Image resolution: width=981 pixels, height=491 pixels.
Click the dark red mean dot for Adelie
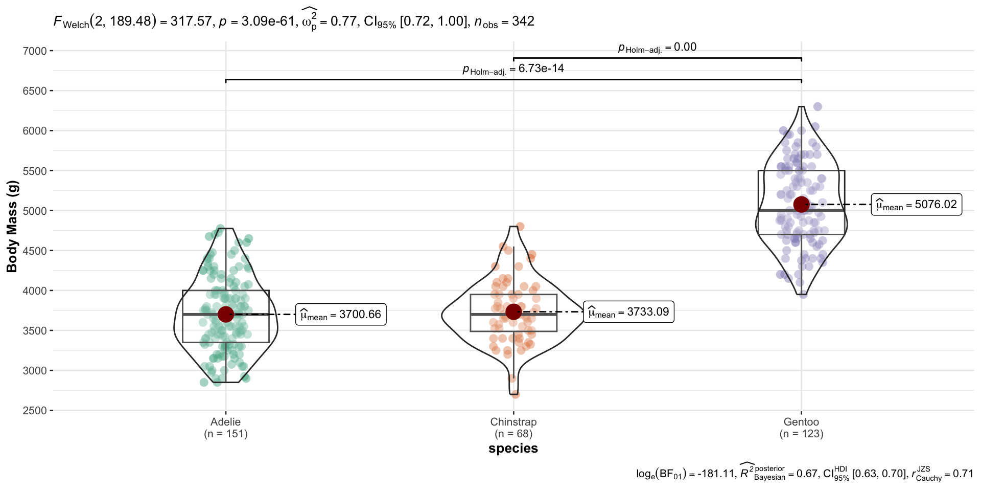coord(226,314)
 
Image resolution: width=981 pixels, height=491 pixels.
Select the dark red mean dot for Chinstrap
coord(513,311)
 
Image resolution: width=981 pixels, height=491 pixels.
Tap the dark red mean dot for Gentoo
coord(801,204)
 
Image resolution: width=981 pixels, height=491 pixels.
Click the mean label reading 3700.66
coord(341,315)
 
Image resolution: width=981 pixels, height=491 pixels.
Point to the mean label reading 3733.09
coord(628,312)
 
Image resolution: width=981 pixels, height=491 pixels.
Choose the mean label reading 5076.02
coord(916,205)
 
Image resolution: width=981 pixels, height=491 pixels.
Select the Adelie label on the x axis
coord(225,422)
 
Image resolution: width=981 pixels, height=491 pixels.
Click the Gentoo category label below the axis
coord(801,422)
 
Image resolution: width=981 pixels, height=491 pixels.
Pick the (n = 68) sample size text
coord(513,434)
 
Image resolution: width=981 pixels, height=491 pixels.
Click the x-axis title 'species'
coord(513,449)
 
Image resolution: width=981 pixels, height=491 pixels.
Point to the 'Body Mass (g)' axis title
coord(12,227)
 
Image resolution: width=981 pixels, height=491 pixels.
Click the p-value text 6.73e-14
coord(541,69)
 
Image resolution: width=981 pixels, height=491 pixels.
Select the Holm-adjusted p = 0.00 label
coord(657,48)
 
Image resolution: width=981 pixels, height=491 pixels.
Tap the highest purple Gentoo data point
coord(818,107)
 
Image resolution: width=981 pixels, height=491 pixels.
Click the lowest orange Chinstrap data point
coord(515,394)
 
